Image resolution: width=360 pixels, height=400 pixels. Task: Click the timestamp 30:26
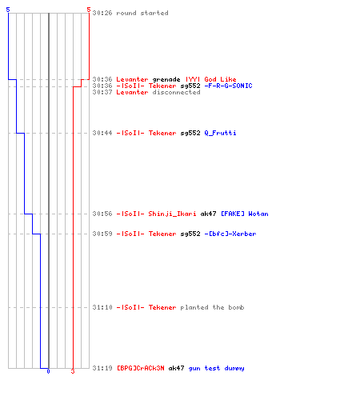coord(102,13)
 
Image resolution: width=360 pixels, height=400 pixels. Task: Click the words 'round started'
coord(142,13)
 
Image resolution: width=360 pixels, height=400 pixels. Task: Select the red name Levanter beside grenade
coord(132,79)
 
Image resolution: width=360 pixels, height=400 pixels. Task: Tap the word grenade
coord(166,79)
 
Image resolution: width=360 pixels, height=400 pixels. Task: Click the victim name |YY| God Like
coord(211,79)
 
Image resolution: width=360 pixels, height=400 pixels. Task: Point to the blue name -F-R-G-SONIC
coord(228,86)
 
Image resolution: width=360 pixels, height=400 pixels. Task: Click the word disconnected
coord(176,92)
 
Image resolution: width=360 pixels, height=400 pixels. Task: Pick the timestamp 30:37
coord(102,92)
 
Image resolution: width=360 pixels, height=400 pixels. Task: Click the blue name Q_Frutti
coord(220,133)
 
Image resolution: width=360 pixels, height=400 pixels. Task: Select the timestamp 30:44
coord(102,133)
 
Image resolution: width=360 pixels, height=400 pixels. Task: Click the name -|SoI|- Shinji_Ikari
coord(156,214)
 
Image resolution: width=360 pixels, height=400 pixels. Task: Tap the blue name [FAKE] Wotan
coord(245,214)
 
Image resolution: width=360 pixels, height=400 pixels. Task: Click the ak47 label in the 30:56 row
coord(208,214)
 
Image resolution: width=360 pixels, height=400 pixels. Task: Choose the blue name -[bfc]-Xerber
coord(230,234)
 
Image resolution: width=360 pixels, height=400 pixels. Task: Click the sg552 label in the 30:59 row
coord(190,234)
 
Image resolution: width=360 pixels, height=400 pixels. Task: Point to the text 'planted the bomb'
coord(212,307)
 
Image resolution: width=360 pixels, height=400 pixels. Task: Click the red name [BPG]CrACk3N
coord(141,368)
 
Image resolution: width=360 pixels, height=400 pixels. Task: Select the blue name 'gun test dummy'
coord(216,368)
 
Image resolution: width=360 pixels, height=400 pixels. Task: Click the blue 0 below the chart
coord(48,371)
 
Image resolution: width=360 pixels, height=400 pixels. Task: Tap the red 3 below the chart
coord(73,371)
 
